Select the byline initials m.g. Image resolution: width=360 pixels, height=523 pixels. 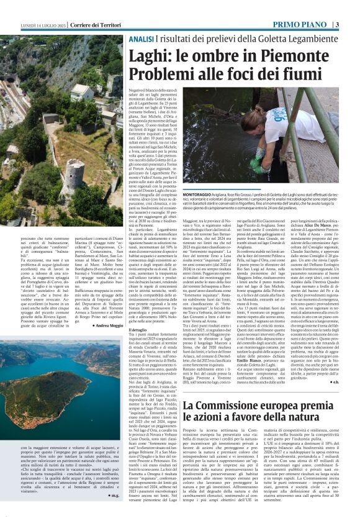115,494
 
